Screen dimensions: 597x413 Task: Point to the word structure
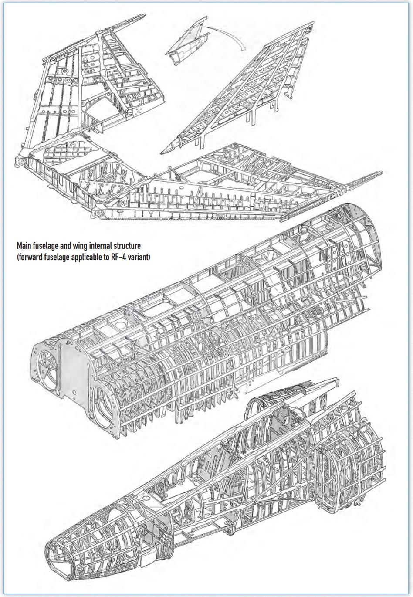click(128, 247)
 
